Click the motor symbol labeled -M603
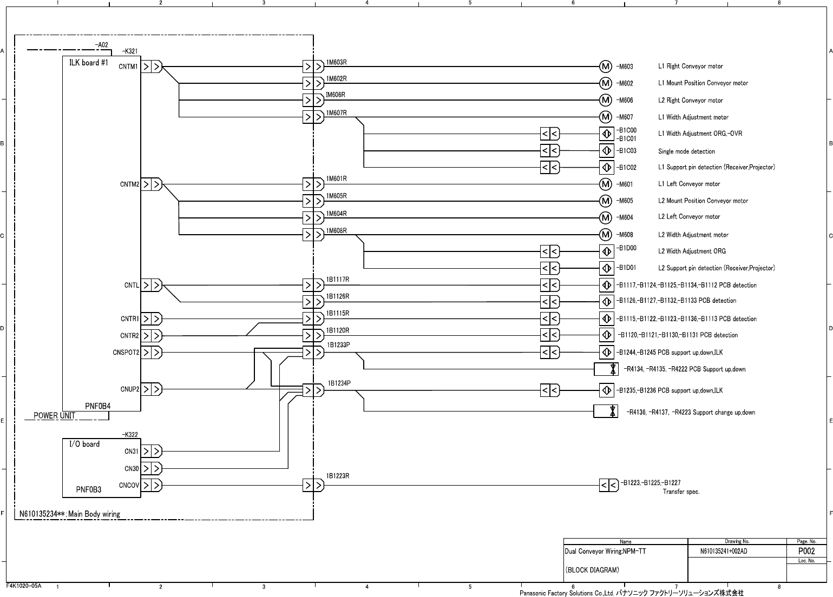pyautogui.click(x=606, y=67)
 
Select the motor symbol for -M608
pyautogui.click(x=606, y=235)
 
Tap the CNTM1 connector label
pyautogui.click(x=129, y=67)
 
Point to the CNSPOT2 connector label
pyautogui.click(x=126, y=353)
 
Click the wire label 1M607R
pyautogui.click(x=336, y=113)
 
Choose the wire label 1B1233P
pyautogui.click(x=339, y=344)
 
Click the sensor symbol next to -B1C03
pyautogui.click(x=607, y=150)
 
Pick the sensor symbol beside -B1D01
pyautogui.click(x=607, y=268)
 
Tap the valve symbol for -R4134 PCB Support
pyautogui.click(x=606, y=369)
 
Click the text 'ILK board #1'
pyautogui.click(x=89, y=63)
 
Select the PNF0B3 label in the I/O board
pyautogui.click(x=89, y=490)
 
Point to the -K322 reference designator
pyautogui.click(x=130, y=434)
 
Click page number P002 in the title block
pyautogui.click(x=806, y=551)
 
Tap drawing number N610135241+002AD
pyautogui.click(x=724, y=552)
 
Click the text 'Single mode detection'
pyautogui.click(x=686, y=151)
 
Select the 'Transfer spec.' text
pyautogui.click(x=681, y=492)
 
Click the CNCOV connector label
pyautogui.click(x=129, y=485)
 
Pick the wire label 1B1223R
pyautogui.click(x=338, y=476)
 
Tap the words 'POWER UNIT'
pyautogui.click(x=55, y=416)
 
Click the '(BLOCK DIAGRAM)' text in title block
pyautogui.click(x=592, y=570)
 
